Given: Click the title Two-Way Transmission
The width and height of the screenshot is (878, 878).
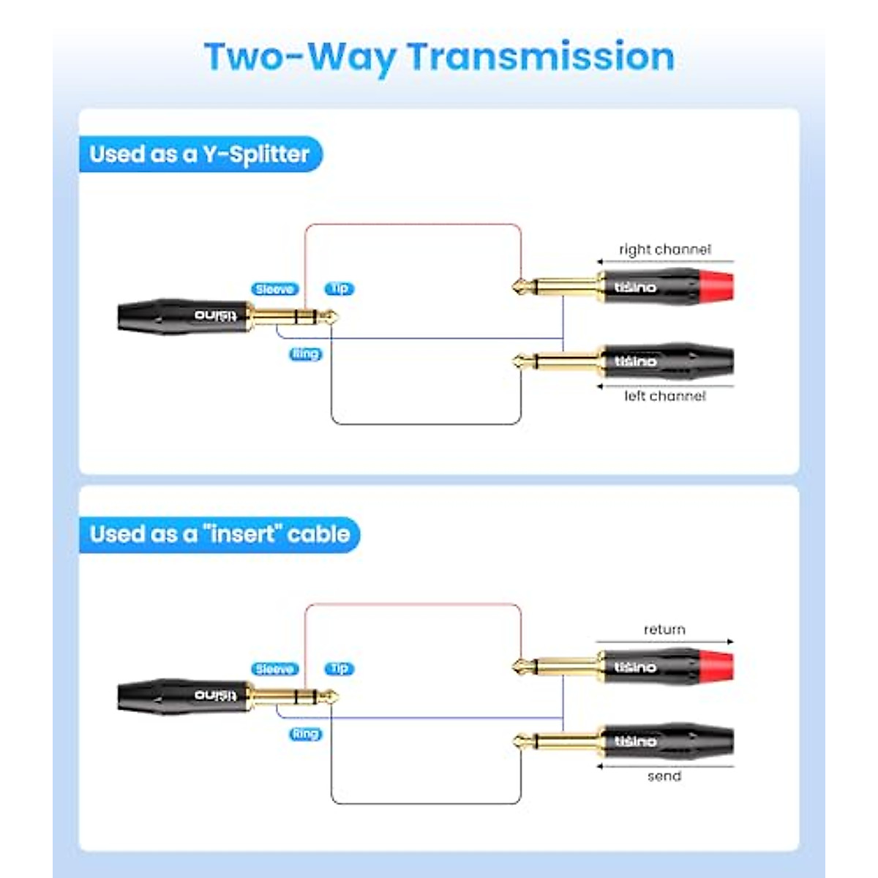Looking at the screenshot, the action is pos(439,57).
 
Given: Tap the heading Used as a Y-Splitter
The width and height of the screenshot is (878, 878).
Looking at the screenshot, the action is pos(200,154).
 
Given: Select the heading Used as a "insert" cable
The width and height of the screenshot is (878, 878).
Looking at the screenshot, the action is pos(219,534).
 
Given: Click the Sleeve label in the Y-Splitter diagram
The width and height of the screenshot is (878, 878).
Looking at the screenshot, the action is pos(274,289).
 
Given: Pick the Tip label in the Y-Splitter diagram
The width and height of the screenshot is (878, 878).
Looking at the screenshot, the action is pos(339,288).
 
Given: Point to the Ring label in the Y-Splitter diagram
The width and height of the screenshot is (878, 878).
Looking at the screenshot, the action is pos(306,354).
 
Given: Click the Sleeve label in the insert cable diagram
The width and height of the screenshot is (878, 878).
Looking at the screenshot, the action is pos(274,669).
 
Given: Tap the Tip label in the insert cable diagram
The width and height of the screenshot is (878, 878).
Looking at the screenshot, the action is pos(339,668).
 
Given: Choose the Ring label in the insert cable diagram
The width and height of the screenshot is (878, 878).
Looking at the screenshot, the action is pos(306,734).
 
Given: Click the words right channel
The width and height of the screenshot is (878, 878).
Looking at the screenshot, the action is pos(664,249).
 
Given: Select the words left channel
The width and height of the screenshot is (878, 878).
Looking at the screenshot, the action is pos(664,396).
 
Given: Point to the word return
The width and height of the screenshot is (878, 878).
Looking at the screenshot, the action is pos(664,629).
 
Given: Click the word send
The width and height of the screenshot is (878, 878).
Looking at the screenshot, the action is pos(664,776).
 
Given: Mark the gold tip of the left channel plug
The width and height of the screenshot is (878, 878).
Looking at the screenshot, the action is pos(521,361).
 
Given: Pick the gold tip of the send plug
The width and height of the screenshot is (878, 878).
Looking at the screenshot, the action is pos(521,741).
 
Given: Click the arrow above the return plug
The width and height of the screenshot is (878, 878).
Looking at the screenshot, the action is pos(664,642).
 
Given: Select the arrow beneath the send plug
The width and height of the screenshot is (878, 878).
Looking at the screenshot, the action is pos(664,766).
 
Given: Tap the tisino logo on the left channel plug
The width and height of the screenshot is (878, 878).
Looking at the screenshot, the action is pos(635,361).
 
